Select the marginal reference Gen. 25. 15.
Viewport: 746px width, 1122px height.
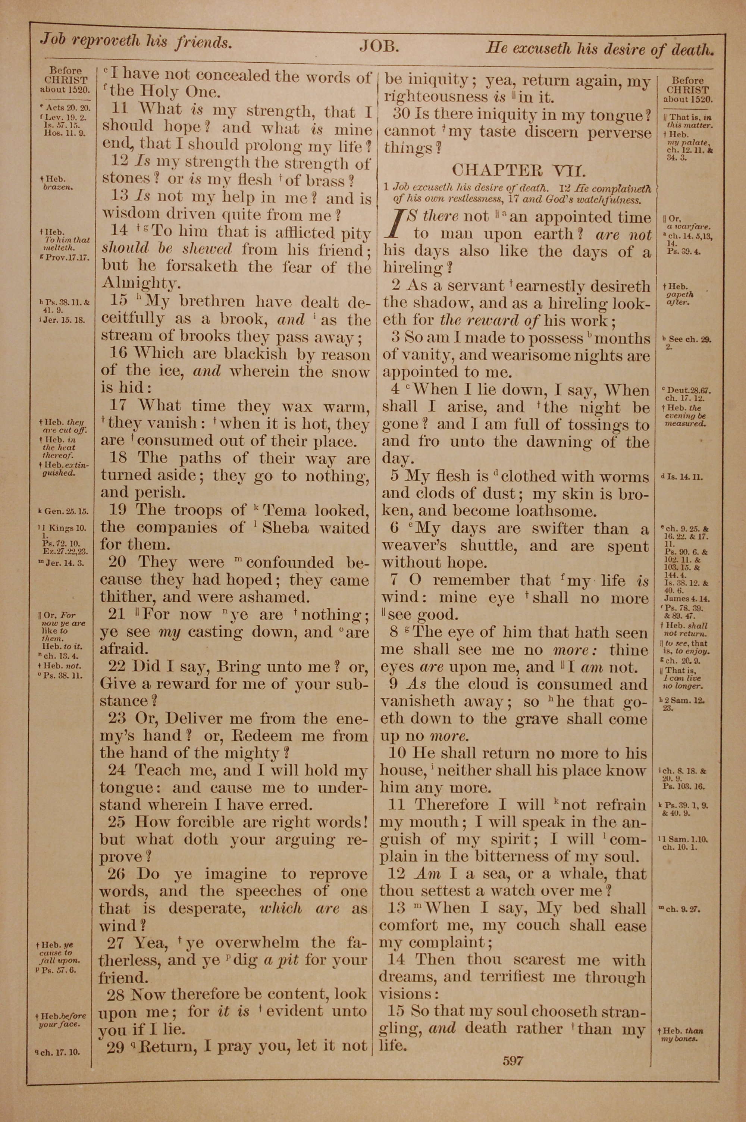tap(66, 512)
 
